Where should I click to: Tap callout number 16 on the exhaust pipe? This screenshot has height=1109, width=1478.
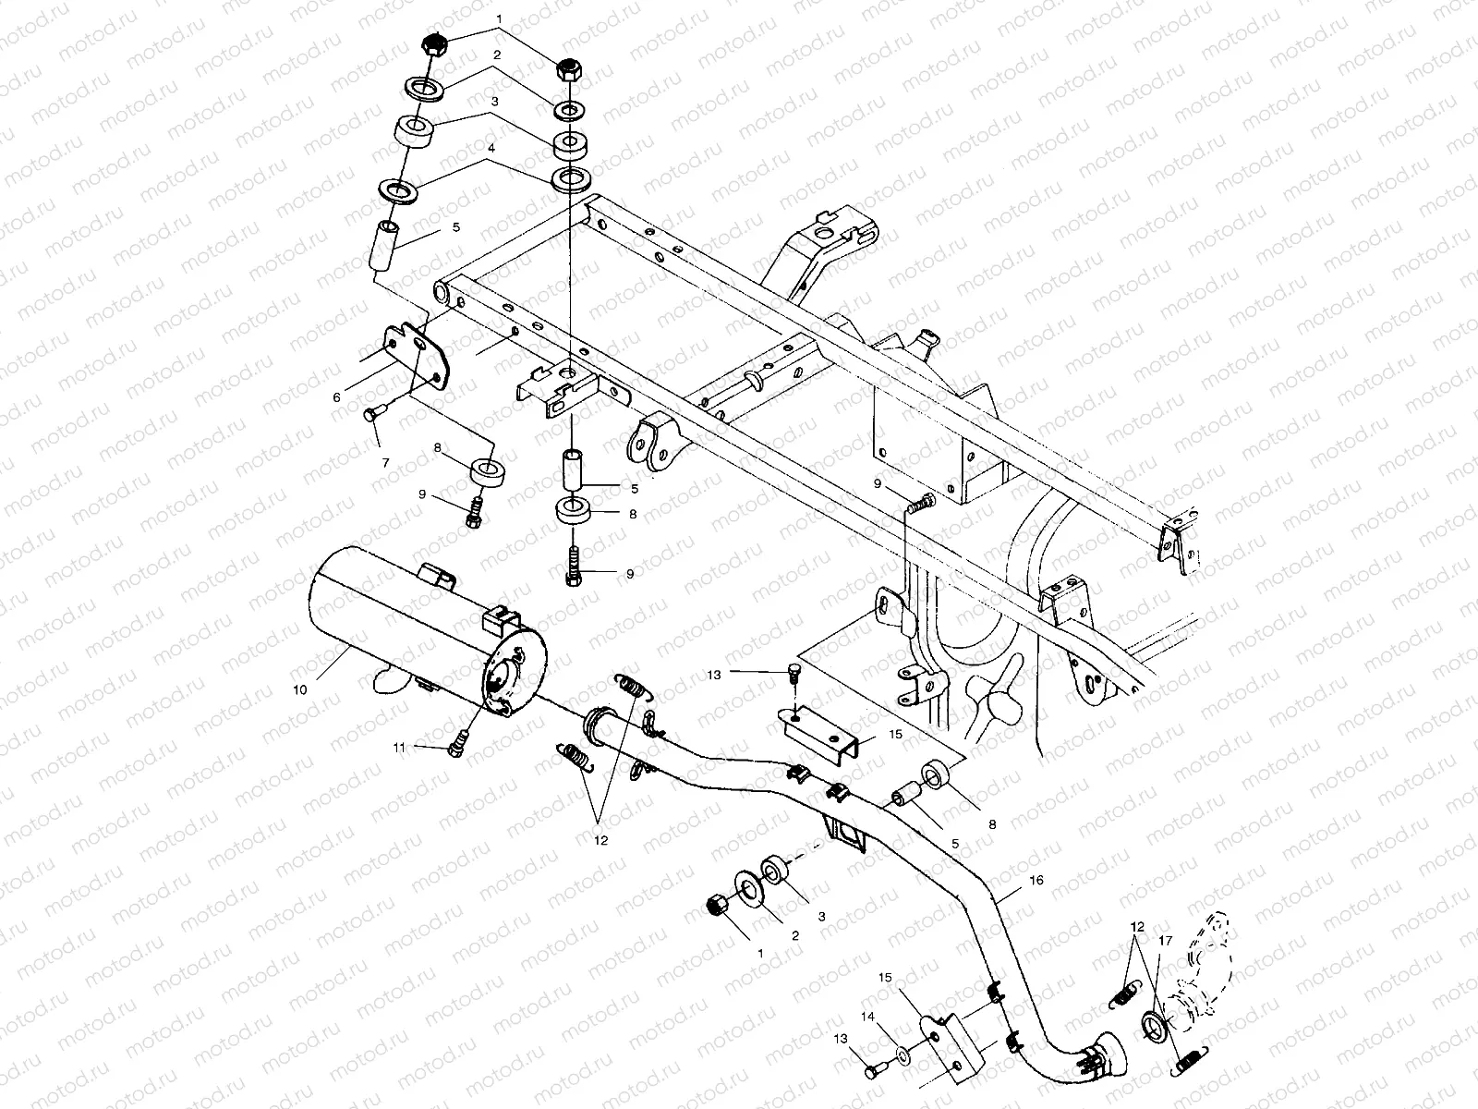(x=1036, y=881)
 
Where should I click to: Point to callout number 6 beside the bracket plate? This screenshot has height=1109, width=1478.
(x=336, y=396)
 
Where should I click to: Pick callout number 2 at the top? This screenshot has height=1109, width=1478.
(x=496, y=55)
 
